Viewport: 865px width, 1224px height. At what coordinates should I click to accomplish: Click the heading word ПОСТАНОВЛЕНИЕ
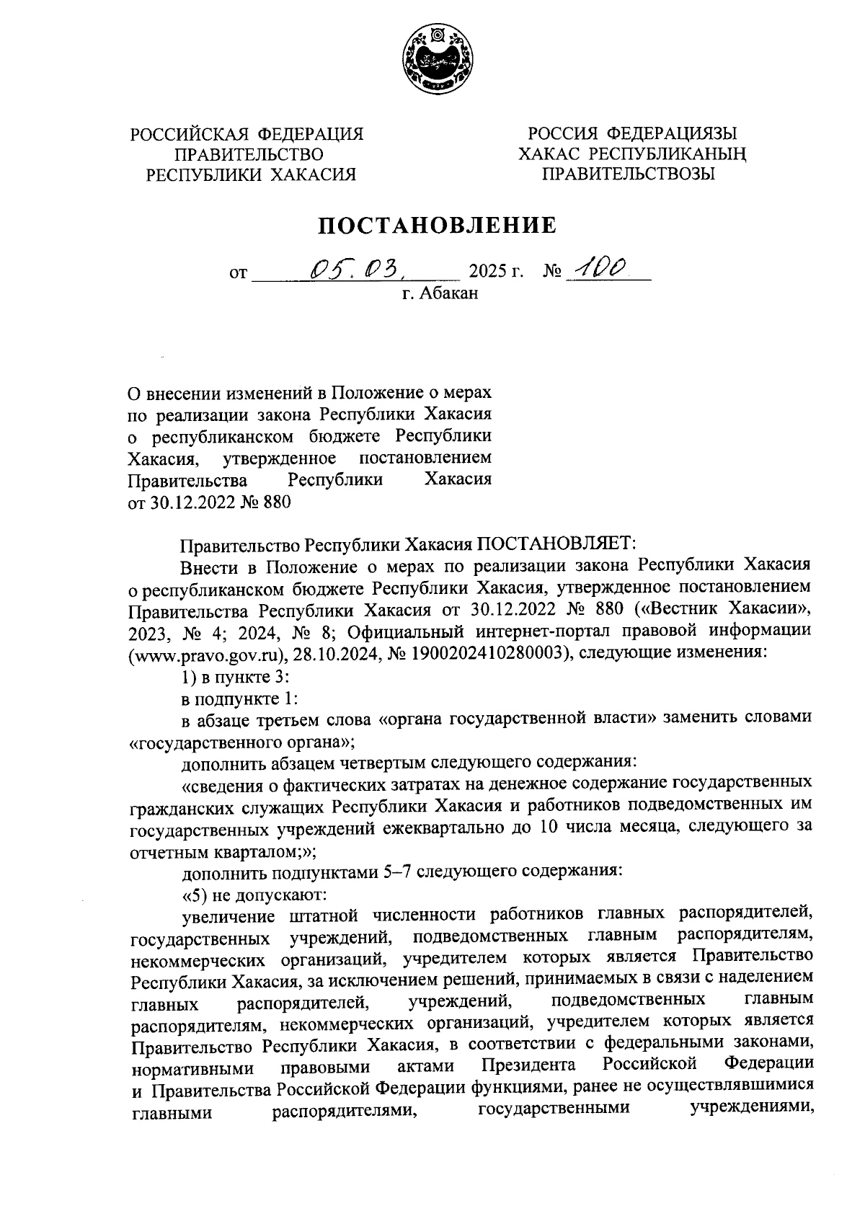pyautogui.click(x=438, y=226)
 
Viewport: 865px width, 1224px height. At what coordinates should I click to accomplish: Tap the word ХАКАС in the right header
pyautogui.click(x=549, y=154)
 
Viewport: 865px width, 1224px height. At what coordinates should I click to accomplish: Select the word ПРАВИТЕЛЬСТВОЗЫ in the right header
pyautogui.click(x=628, y=174)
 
